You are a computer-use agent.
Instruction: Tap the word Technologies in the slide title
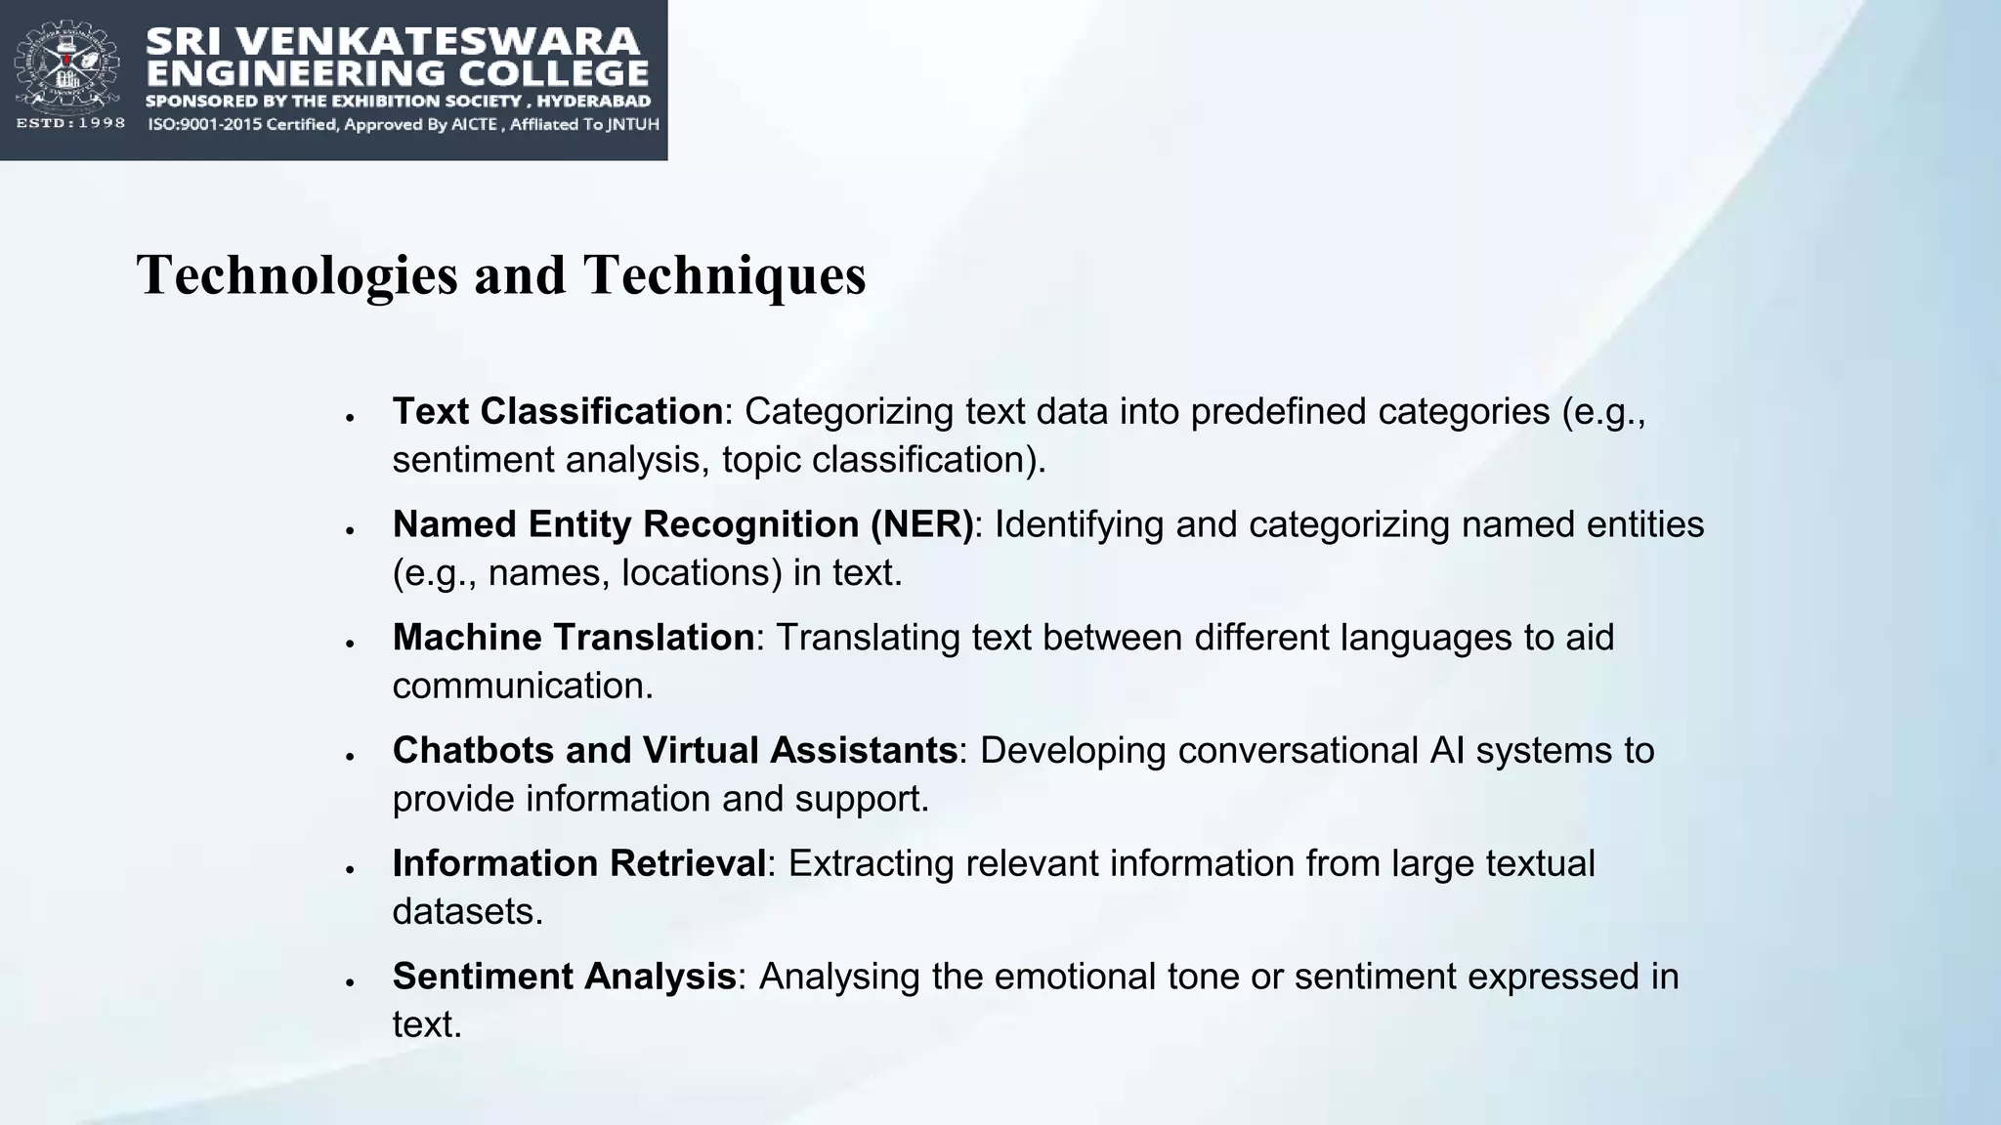[297, 274]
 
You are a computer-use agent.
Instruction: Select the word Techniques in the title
[724, 274]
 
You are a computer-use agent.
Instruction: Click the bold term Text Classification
[557, 411]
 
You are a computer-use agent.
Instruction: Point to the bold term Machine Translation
[573, 638]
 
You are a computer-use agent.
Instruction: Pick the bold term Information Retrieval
[578, 863]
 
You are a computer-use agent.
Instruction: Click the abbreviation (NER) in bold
[922, 524]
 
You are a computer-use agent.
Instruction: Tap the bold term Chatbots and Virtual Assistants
[674, 750]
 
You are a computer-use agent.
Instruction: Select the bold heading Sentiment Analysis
[564, 977]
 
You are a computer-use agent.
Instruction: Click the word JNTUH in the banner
[633, 124]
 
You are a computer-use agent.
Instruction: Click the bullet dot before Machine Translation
[349, 644]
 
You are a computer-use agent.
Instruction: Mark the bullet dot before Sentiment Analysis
[349, 982]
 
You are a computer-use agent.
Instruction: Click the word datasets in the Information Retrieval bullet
[467, 912]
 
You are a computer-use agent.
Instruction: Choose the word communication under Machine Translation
[522, 687]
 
